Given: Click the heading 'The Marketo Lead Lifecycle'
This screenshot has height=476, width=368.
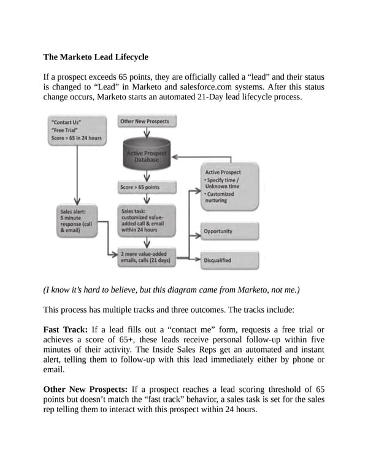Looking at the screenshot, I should [x=96, y=57].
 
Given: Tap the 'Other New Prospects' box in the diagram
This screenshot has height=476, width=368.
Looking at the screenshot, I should [x=144, y=121].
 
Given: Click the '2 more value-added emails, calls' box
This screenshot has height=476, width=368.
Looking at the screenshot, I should [x=146, y=257].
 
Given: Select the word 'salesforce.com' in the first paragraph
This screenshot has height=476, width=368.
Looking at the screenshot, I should [x=221, y=87].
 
